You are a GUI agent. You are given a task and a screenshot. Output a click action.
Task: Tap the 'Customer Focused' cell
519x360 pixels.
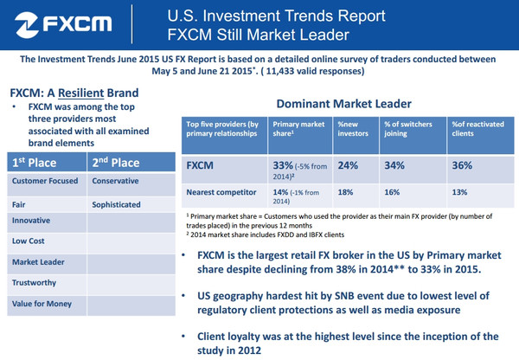[x=45, y=181]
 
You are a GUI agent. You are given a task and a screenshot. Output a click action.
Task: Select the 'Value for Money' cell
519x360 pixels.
[x=44, y=304]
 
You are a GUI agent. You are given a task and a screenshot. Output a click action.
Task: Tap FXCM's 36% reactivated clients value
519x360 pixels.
[x=463, y=164]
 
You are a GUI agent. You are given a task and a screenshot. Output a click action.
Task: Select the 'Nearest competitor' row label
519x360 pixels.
[x=221, y=192]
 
